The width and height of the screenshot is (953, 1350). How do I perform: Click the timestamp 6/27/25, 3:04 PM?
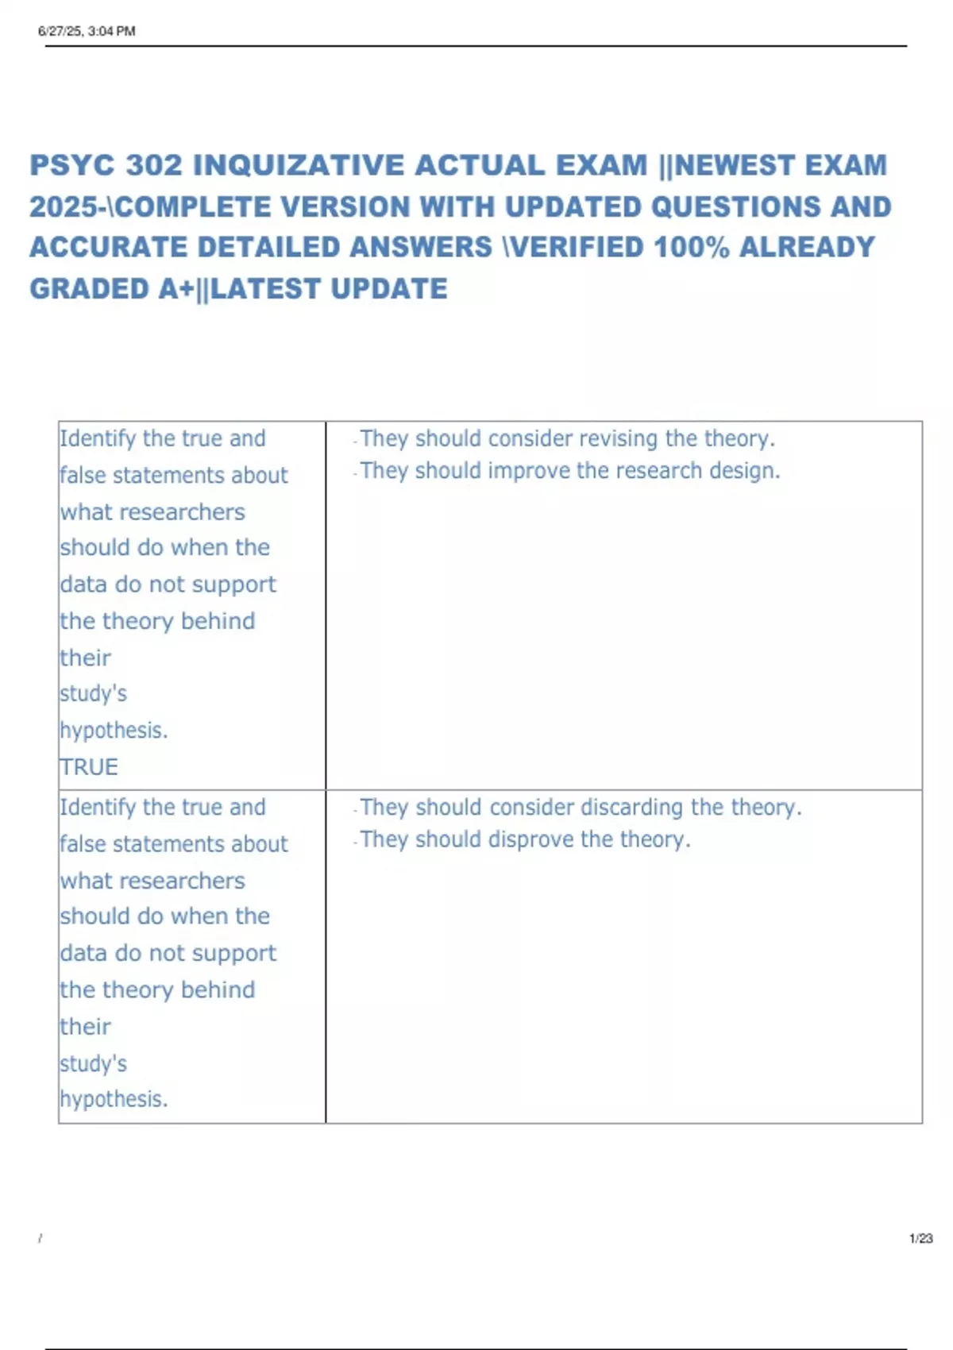click(x=87, y=31)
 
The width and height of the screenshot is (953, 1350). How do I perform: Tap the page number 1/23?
click(x=920, y=1238)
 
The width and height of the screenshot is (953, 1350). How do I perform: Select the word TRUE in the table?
click(x=89, y=766)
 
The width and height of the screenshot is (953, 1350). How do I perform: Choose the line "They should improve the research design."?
click(x=569, y=471)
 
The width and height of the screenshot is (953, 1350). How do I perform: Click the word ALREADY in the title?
click(x=807, y=247)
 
